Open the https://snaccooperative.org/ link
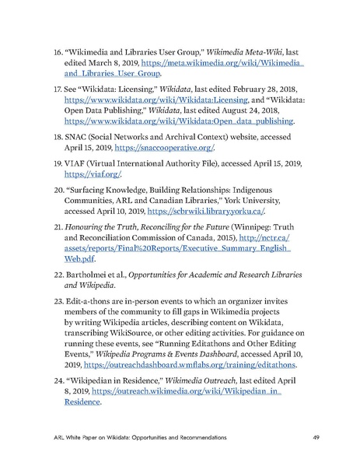coord(164,148)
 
